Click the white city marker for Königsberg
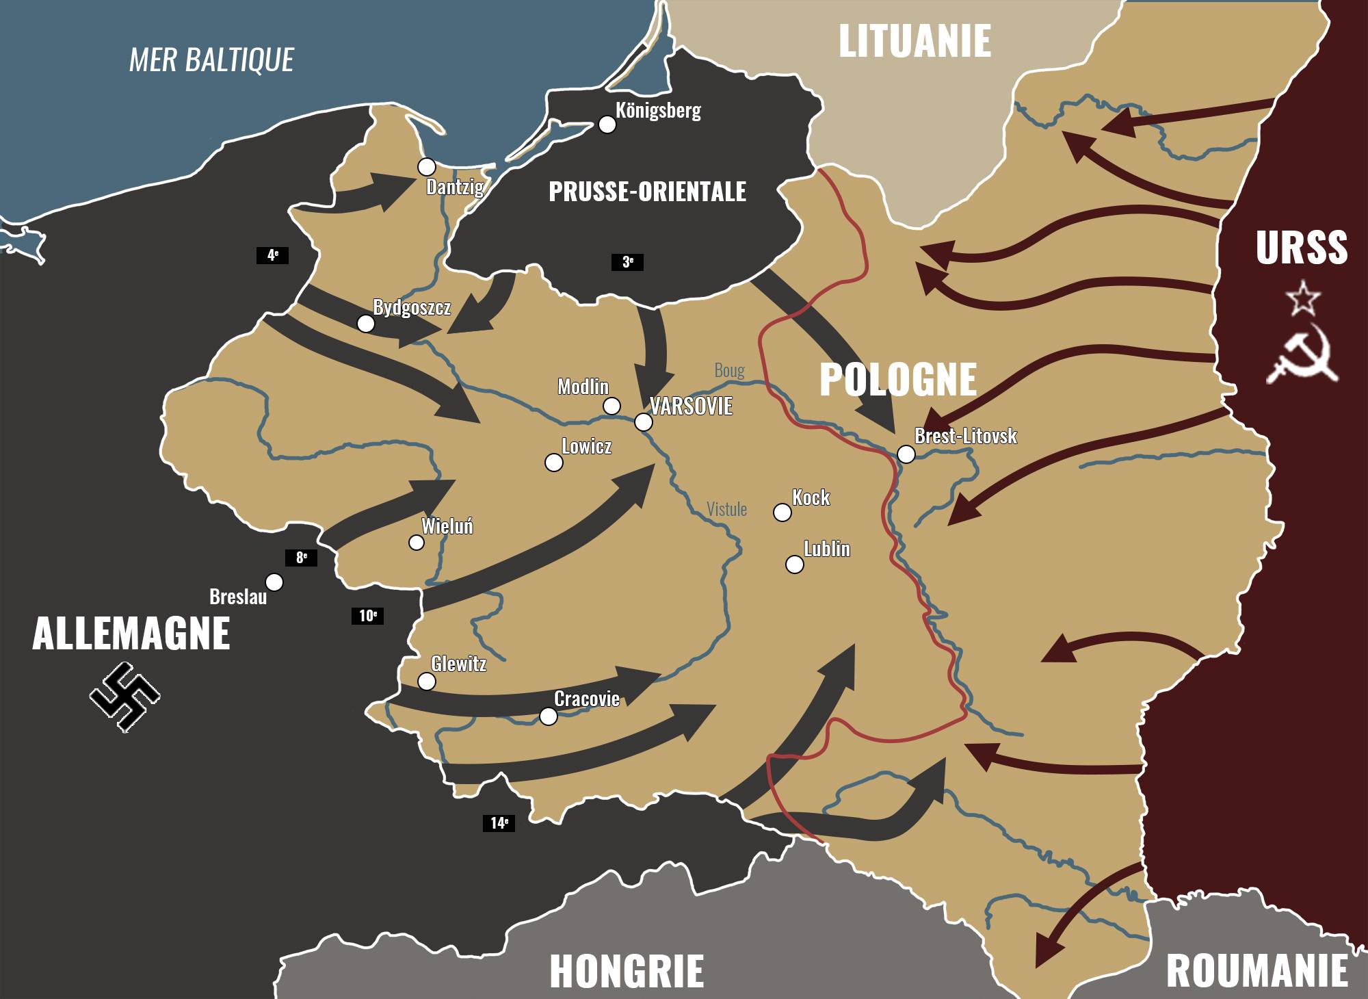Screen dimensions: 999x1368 (x=607, y=124)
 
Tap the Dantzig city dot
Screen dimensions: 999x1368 (x=427, y=166)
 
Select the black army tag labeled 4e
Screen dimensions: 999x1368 (x=272, y=255)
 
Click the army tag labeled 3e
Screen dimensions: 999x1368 (x=627, y=261)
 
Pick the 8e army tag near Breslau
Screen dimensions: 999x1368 (x=301, y=558)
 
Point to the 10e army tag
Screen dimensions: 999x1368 (x=367, y=616)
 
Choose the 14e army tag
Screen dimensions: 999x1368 (x=499, y=822)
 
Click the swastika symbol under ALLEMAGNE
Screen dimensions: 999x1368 (x=124, y=697)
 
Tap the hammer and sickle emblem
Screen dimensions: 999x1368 (x=1304, y=356)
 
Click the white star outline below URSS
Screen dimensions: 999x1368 (x=1302, y=298)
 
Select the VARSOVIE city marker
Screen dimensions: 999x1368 (x=643, y=422)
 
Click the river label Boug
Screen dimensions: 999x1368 (x=729, y=370)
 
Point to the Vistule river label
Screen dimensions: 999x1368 (x=726, y=509)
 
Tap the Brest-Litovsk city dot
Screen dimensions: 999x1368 (x=906, y=454)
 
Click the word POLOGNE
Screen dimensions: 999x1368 (x=897, y=379)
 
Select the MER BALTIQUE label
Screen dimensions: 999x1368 (x=211, y=60)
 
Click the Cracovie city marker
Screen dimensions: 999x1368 (x=548, y=716)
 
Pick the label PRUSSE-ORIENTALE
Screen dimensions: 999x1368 (x=647, y=192)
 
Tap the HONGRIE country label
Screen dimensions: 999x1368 (x=627, y=971)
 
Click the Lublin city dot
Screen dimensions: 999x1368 (x=794, y=565)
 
